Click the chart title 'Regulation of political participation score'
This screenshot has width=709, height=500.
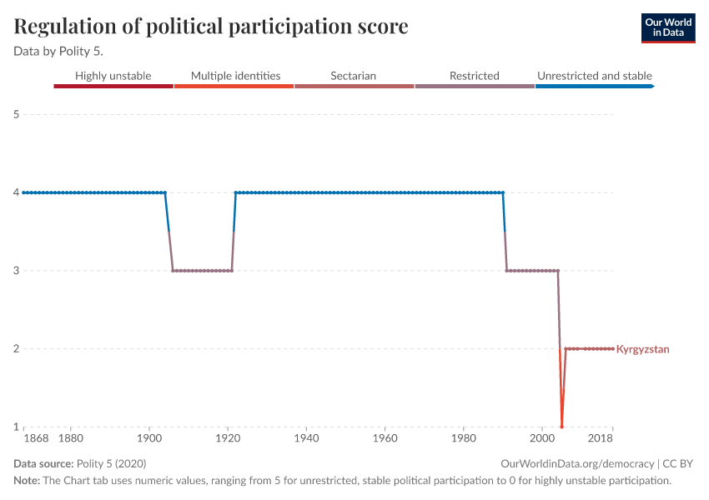pos(211,27)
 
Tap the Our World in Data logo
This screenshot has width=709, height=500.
pos(667,27)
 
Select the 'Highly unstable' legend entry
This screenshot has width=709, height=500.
pos(113,76)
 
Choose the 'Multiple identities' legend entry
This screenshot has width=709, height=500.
pos(235,76)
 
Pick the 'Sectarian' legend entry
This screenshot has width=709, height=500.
pos(353,76)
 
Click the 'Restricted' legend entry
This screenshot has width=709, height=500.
pos(474,76)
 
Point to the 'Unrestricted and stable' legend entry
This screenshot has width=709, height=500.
pos(594,76)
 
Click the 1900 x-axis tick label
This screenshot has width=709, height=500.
pos(149,437)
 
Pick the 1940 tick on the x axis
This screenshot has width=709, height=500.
pos(307,437)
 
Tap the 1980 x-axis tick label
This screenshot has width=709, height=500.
pos(464,437)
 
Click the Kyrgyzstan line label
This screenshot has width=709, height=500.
pos(642,349)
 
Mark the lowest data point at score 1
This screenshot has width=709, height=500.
pos(561,427)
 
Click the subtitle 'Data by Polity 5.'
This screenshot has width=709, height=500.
pos(58,50)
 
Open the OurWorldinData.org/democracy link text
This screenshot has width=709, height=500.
pos(577,464)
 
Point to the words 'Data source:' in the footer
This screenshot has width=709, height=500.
pos(43,464)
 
